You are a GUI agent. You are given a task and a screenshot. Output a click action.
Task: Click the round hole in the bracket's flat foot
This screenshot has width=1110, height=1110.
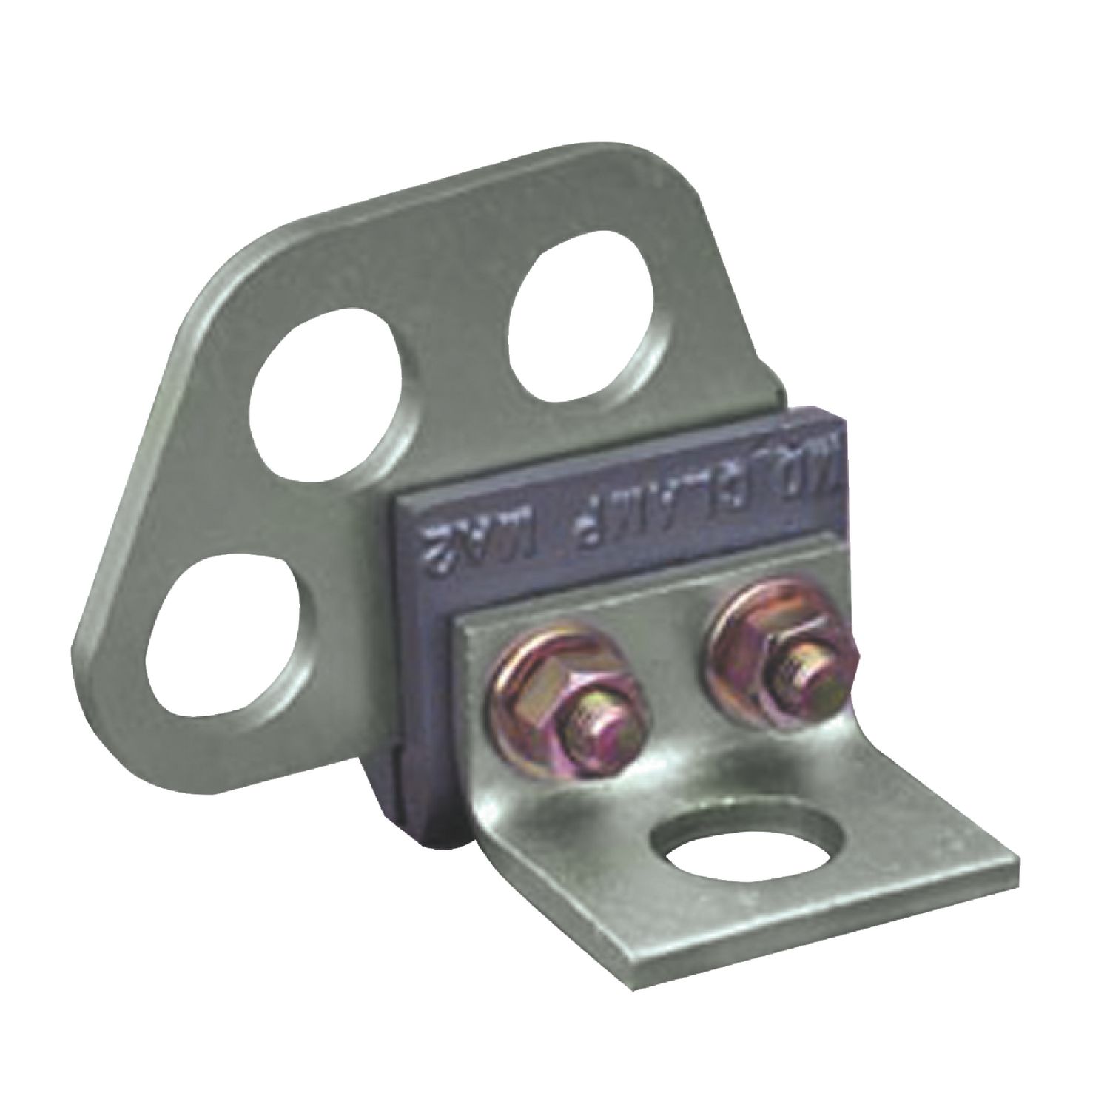748,855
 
